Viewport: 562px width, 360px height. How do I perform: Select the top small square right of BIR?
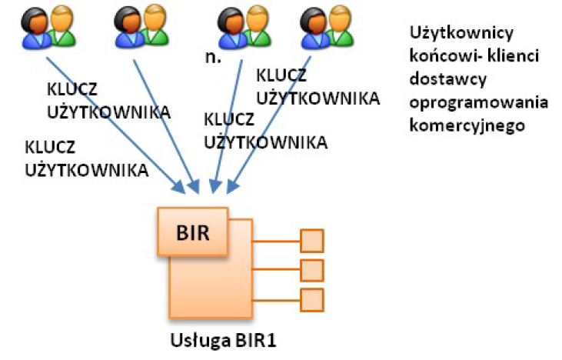[x=311, y=241]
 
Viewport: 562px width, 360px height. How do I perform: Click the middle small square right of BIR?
[x=311, y=270]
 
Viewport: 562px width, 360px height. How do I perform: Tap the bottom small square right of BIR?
[x=311, y=298]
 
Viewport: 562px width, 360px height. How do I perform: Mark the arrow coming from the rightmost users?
[x=269, y=123]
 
